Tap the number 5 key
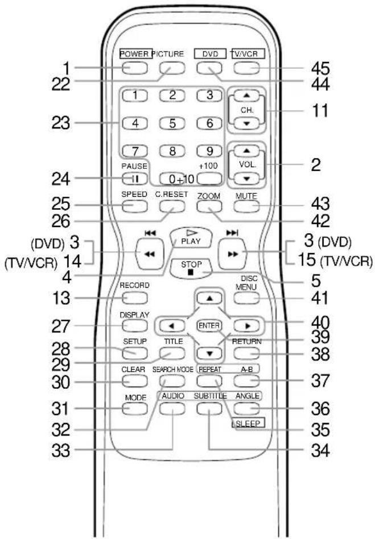pos(172,123)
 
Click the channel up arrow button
pos(246,95)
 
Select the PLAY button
pos(191,238)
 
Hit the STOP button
pos(191,268)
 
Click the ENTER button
pos(209,325)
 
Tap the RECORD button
pos(134,298)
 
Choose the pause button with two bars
pos(134,178)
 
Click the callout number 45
pos(320,68)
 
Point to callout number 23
pos(61,123)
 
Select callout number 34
pos(320,450)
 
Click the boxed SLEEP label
pos(249,423)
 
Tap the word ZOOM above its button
pos(209,196)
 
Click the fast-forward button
pos(233,254)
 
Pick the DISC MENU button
pos(246,298)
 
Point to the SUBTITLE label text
pos(210,396)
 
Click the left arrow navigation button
pos(172,325)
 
